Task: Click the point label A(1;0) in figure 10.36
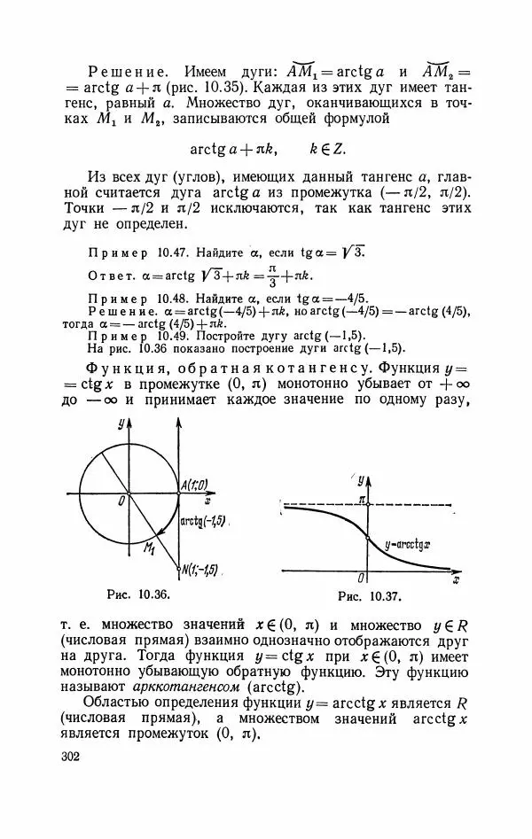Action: (x=193, y=485)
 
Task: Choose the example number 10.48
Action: (x=163, y=297)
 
